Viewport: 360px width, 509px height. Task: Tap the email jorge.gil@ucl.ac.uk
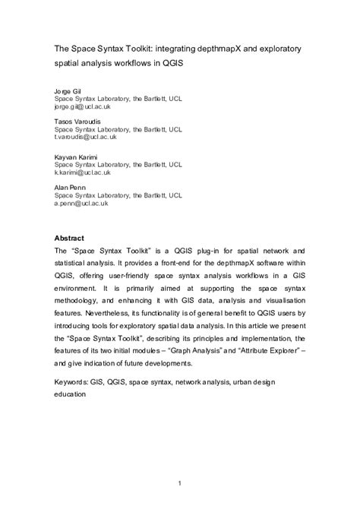tap(81, 108)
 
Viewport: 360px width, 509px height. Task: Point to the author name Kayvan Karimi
tap(78, 156)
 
